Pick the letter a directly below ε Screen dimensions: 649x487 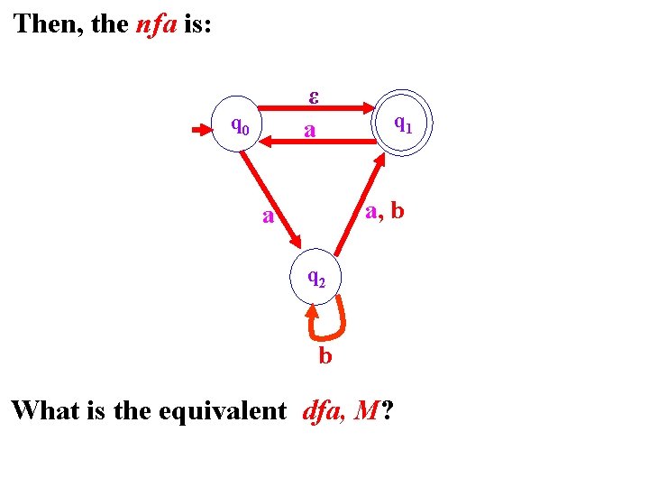tap(309, 132)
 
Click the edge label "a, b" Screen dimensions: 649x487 tap(385, 212)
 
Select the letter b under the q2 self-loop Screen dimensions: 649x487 tap(325, 357)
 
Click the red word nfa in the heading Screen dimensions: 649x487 tap(157, 23)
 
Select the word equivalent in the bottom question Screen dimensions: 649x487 tap(221, 411)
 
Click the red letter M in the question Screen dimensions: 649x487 tap(367, 411)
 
